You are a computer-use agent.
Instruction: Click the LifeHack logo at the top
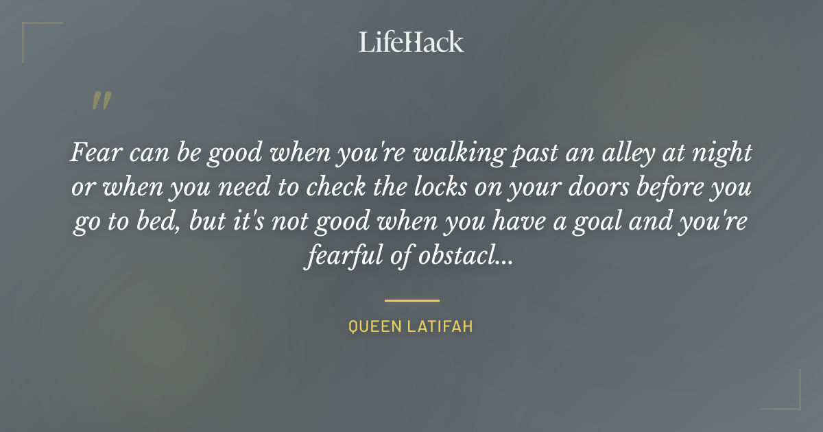point(411,42)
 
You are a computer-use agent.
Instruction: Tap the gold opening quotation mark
point(101,101)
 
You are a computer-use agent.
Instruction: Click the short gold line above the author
point(411,300)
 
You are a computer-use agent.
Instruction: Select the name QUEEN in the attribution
point(374,327)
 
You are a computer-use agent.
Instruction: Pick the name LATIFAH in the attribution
point(440,327)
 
